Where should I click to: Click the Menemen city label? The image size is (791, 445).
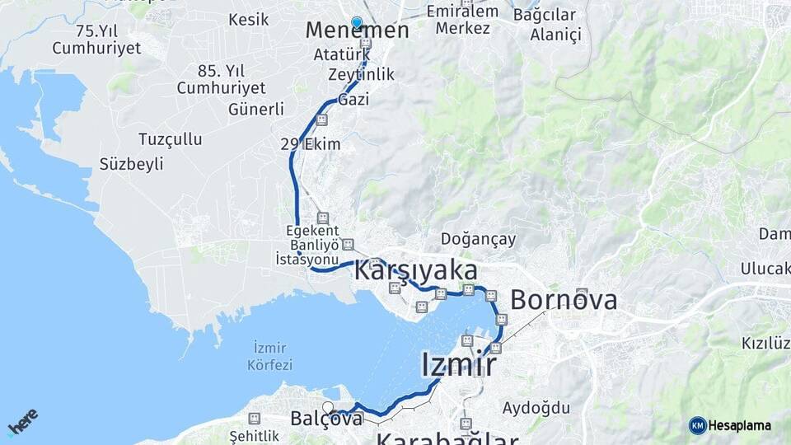point(357,31)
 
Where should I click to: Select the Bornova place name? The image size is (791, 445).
point(564,300)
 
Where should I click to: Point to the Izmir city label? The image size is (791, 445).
point(458,364)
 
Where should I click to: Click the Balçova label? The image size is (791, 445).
point(326,419)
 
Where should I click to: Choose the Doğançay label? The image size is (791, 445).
point(478,240)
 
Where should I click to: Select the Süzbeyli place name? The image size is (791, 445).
point(132,164)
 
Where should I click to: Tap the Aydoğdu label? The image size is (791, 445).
point(536,407)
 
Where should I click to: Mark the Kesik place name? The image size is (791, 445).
point(249,20)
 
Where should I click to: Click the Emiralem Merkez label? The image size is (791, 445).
point(463,20)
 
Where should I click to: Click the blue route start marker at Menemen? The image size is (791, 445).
point(357,22)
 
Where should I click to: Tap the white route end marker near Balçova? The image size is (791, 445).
point(328,407)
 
